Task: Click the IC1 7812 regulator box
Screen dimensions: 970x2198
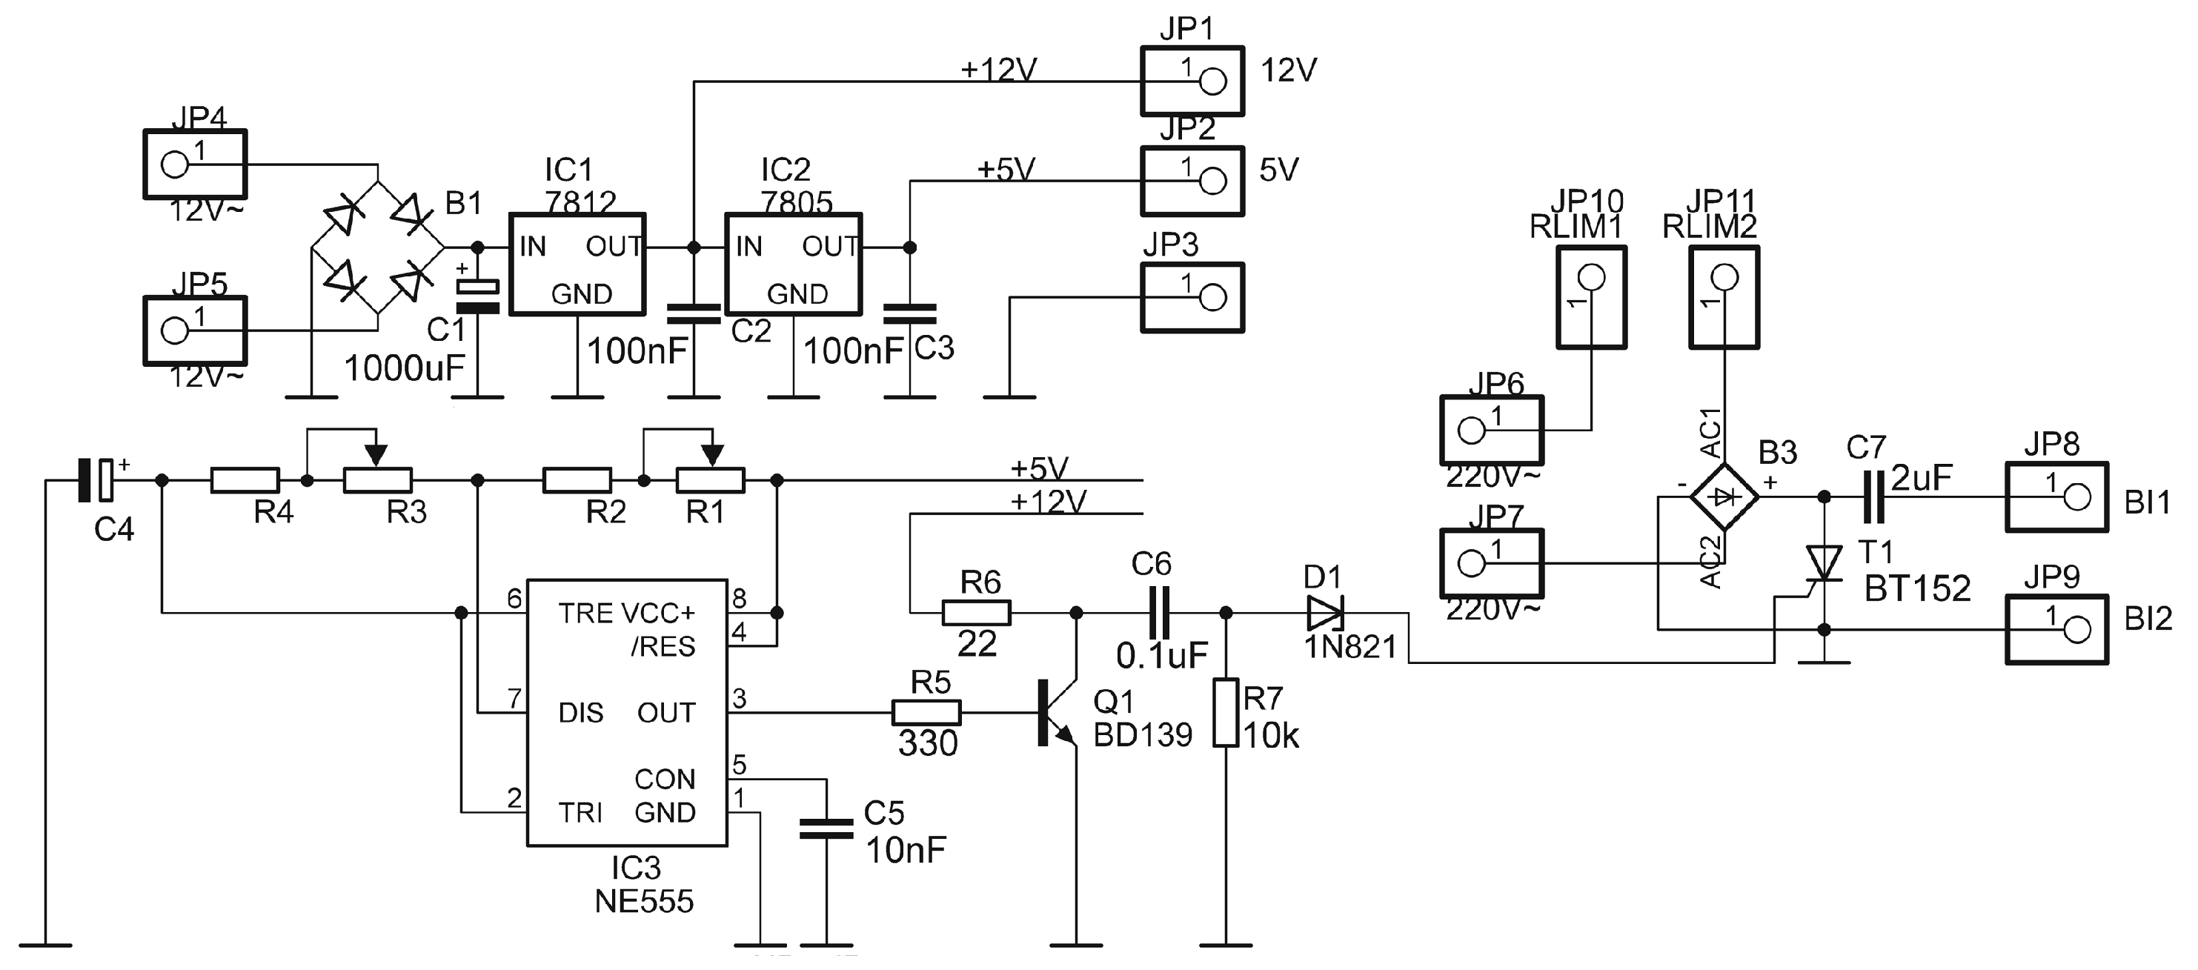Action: (x=577, y=265)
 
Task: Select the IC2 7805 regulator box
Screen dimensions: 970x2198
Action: (x=793, y=265)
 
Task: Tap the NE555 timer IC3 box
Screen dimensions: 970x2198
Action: (x=626, y=713)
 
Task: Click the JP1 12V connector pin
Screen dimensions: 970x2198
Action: (x=1212, y=82)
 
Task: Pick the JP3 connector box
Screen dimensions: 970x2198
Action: (x=1192, y=298)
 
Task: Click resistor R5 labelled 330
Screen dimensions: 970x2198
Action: (x=926, y=712)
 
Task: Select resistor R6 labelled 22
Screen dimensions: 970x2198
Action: (x=976, y=613)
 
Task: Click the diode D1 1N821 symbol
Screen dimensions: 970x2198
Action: (x=1325, y=613)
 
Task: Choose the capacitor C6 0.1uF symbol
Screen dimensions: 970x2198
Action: (x=1159, y=613)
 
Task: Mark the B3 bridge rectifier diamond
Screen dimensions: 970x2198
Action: (x=1724, y=496)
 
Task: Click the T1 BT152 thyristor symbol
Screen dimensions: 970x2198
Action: (x=1824, y=564)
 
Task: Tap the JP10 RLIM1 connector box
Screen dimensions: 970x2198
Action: (x=1590, y=298)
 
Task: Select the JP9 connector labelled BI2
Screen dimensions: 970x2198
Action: (x=2056, y=630)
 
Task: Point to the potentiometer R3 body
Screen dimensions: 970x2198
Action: (x=377, y=481)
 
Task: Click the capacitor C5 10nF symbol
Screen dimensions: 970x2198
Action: (x=826, y=828)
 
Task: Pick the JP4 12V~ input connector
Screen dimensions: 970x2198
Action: (x=195, y=165)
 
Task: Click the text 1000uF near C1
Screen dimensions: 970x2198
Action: (x=404, y=368)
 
